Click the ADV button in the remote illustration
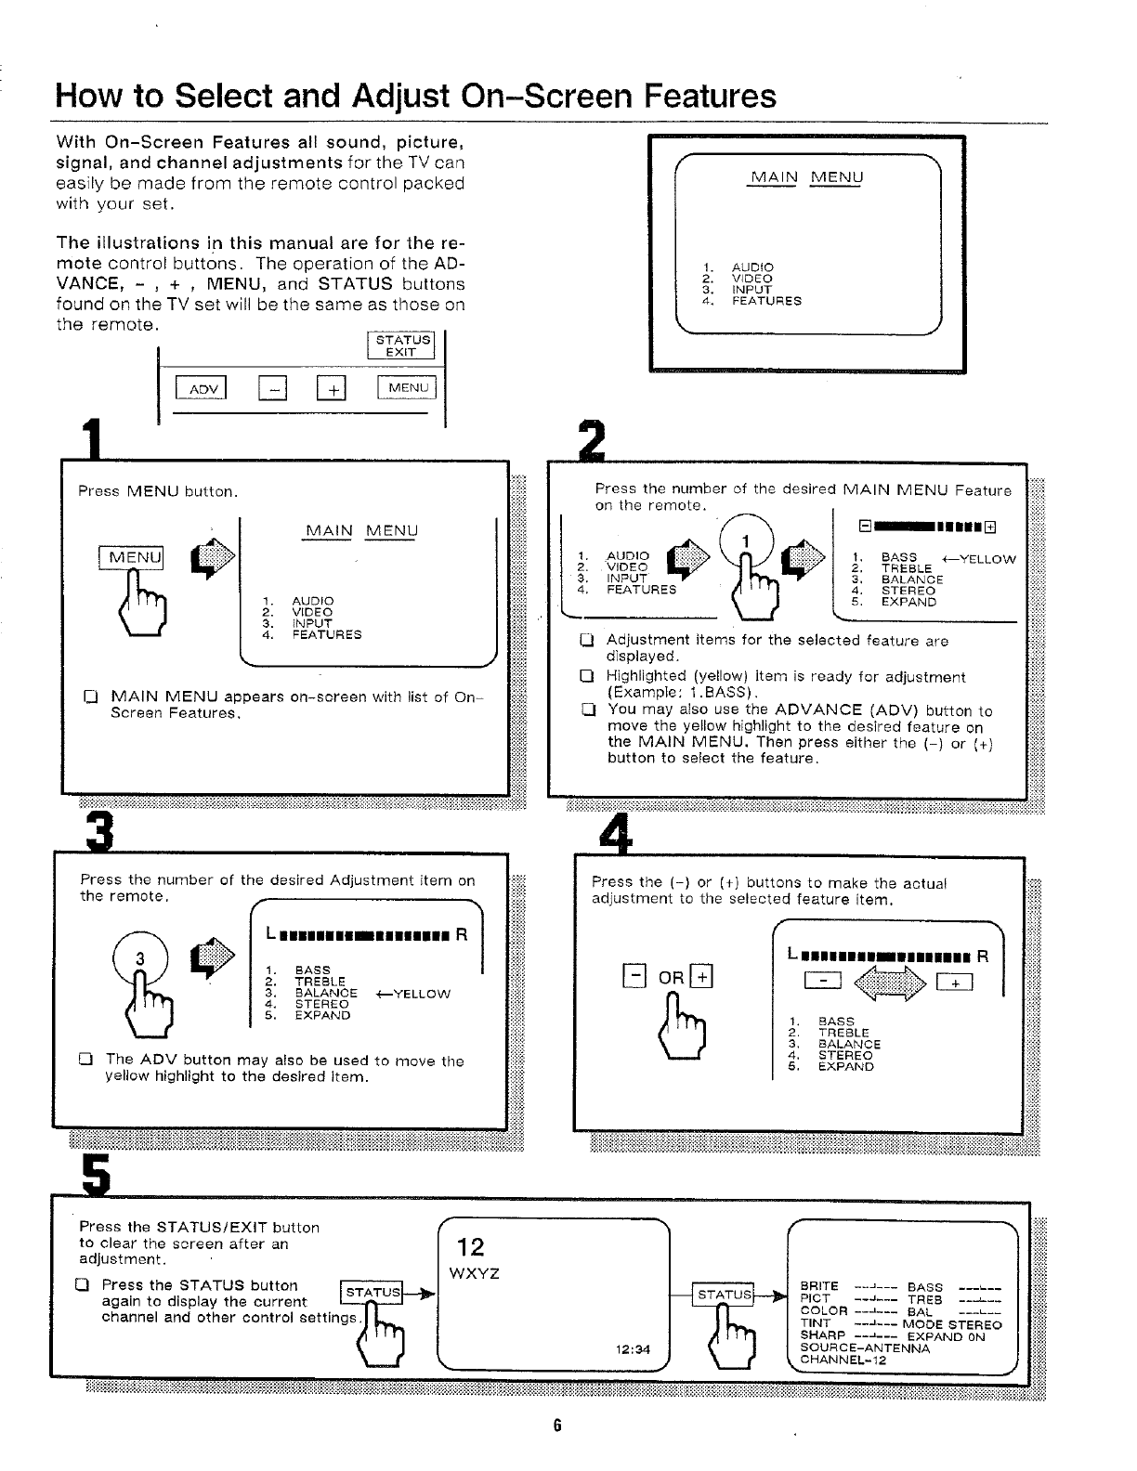coord(202,389)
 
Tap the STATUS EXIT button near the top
coord(403,345)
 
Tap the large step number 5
coord(96,1175)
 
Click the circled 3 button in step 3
coord(140,957)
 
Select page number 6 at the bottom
coord(557,1425)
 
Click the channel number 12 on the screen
coord(471,1246)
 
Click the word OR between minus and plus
coord(671,978)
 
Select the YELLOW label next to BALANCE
coord(414,994)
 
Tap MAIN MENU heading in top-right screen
coord(806,177)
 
